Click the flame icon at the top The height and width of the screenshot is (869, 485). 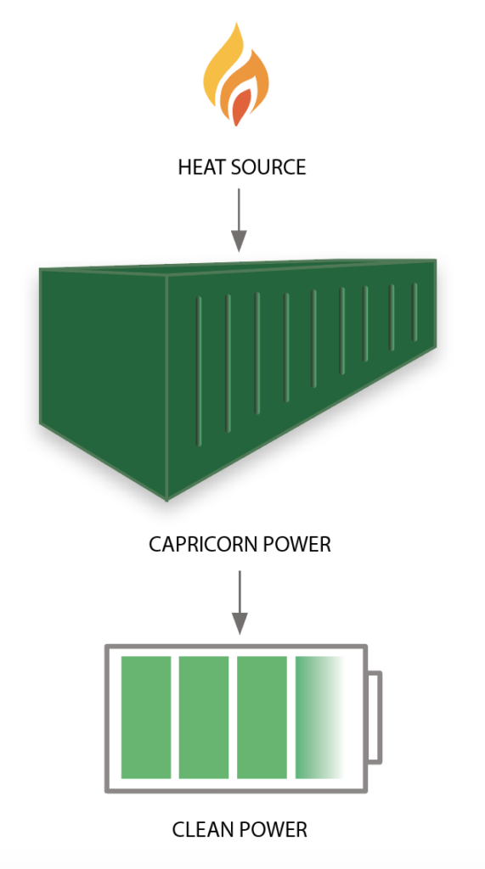tap(236, 75)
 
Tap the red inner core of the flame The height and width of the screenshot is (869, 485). tap(240, 108)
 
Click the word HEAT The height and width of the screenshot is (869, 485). tap(200, 167)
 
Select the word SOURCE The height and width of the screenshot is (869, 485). tap(267, 167)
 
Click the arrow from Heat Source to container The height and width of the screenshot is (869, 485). tap(239, 220)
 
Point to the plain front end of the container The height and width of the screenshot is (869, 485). tap(104, 377)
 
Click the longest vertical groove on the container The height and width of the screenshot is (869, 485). tap(199, 372)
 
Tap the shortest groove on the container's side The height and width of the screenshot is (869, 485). tap(415, 312)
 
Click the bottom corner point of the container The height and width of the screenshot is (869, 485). tap(167, 500)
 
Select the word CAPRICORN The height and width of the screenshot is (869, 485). tap(203, 544)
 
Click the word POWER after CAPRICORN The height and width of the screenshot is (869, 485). tap(296, 544)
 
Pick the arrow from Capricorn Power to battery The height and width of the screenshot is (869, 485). tap(240, 603)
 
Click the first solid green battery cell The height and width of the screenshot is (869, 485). tap(146, 717)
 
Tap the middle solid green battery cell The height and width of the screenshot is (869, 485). tap(204, 717)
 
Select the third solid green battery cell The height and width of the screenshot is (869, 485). tap(262, 717)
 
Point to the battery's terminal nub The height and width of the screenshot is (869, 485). tap(375, 717)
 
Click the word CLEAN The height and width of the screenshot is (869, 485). tap(204, 830)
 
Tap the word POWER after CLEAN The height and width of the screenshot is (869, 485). tap(274, 830)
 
